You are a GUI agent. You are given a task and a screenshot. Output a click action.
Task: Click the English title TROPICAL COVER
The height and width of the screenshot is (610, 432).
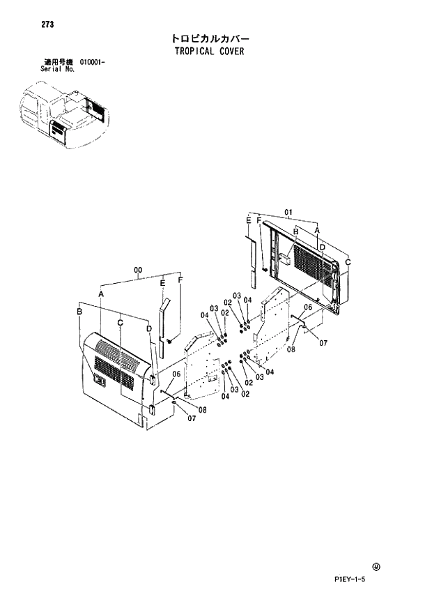[x=210, y=51]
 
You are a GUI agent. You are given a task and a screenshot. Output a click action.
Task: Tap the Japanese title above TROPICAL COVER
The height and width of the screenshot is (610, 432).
[x=210, y=38]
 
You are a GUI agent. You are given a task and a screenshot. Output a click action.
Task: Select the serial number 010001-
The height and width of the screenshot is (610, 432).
[x=92, y=63]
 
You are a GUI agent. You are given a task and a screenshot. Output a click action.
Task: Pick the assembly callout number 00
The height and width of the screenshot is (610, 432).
[x=138, y=270]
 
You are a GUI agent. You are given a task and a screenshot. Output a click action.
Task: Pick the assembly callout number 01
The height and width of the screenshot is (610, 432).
[x=288, y=211]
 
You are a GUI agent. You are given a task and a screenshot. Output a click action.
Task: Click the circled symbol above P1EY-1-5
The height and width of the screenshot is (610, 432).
[x=377, y=566]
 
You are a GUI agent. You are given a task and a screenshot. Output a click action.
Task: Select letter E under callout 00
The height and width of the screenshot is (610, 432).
[x=162, y=284]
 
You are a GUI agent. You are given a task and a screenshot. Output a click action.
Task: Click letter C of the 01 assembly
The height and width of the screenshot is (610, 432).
[x=348, y=261]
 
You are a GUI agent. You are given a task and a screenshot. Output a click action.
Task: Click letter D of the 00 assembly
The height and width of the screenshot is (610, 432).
[x=149, y=328]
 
